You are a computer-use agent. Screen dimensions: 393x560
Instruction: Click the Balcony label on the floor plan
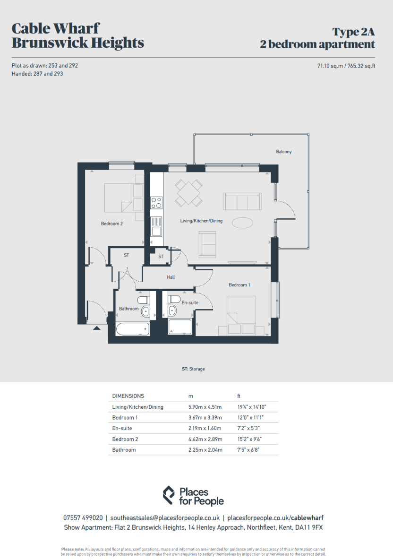[x=284, y=152]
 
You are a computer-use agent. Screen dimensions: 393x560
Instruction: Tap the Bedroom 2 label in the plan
[x=112, y=224]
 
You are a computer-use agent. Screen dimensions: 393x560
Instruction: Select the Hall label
[x=171, y=277]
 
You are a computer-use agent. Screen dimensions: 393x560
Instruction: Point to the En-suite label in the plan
[x=190, y=302]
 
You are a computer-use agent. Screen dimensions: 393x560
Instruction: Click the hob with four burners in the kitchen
[x=156, y=203]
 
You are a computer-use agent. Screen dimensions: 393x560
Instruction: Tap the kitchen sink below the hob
[x=156, y=226]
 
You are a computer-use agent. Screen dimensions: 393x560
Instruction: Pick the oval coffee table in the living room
[x=243, y=223]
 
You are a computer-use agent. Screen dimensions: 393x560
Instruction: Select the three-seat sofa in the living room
[x=242, y=201]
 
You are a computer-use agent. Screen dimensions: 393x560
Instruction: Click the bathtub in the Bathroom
[x=132, y=329]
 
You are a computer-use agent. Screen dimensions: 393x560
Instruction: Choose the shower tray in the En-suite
[x=180, y=327]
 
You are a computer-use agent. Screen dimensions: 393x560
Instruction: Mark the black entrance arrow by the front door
[x=97, y=327]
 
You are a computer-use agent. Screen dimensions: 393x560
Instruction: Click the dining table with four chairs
[x=188, y=193]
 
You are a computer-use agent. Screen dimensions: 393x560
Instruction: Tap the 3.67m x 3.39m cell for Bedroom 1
[x=205, y=417]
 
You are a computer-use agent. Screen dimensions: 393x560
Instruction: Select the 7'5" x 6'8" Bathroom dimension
[x=248, y=449]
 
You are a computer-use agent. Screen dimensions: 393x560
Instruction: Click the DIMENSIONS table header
[x=128, y=396]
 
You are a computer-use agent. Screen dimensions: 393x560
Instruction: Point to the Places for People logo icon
[x=169, y=495]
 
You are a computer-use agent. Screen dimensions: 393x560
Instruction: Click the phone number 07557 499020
[x=83, y=518]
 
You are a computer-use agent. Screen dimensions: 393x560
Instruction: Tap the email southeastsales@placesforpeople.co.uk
[x=165, y=518]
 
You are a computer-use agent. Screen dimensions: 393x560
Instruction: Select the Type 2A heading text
[x=353, y=32]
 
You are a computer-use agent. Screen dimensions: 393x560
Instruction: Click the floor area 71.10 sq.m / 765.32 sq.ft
[x=346, y=66]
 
